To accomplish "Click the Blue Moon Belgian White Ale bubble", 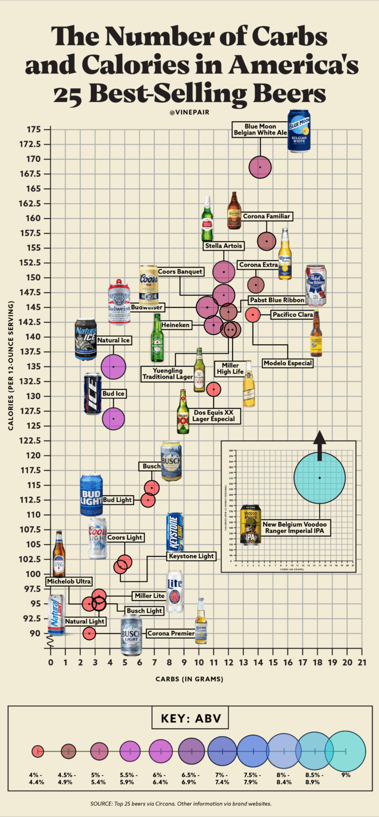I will [260, 166].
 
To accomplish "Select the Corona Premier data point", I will [89, 633].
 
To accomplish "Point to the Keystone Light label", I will [191, 556].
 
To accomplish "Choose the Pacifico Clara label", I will [292, 315].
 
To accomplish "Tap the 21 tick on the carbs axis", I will [362, 662].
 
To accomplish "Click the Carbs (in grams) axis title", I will [189, 679].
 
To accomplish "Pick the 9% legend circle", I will [345, 751].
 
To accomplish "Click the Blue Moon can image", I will [299, 131].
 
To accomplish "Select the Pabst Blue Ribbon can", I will [315, 285].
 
